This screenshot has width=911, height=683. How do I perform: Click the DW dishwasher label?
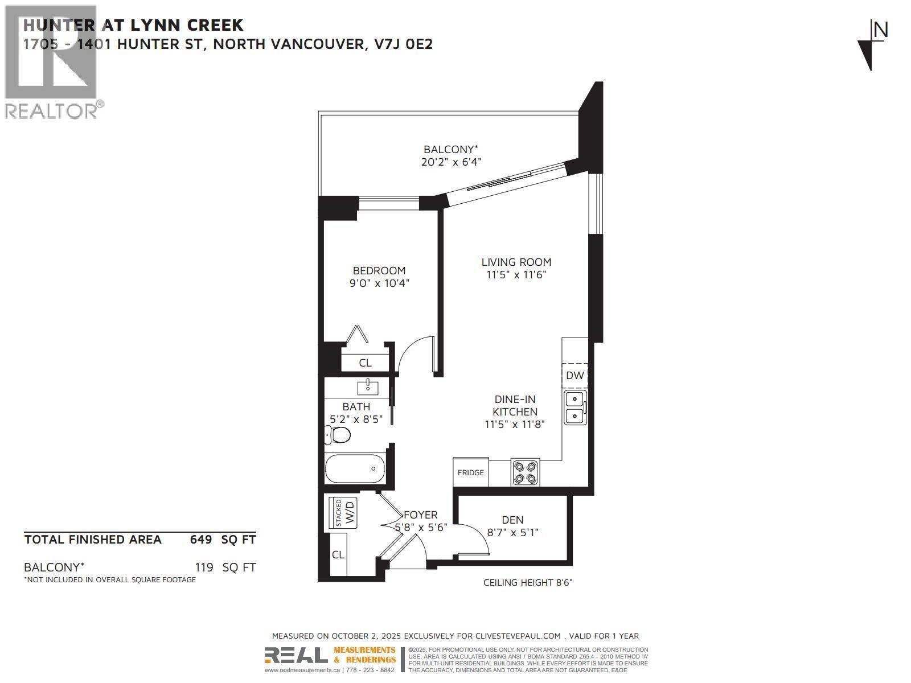574,376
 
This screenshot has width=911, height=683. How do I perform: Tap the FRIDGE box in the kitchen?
471,472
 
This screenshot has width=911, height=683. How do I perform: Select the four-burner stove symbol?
525,472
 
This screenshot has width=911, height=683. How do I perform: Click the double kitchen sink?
575,408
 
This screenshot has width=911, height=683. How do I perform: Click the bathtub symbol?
354,469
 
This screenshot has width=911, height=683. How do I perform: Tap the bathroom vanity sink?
367,388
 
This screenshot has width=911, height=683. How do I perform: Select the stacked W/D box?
344,513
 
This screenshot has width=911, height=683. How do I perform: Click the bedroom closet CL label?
365,363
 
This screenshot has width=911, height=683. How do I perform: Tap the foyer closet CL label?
338,554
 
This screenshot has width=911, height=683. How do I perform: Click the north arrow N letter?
880,30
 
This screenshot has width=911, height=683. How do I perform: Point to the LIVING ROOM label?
516,262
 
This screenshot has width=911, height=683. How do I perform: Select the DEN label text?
512,520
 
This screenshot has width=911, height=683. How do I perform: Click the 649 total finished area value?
201,540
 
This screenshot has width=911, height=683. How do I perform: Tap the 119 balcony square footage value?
203,567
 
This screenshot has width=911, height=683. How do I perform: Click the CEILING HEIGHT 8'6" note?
527,582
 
